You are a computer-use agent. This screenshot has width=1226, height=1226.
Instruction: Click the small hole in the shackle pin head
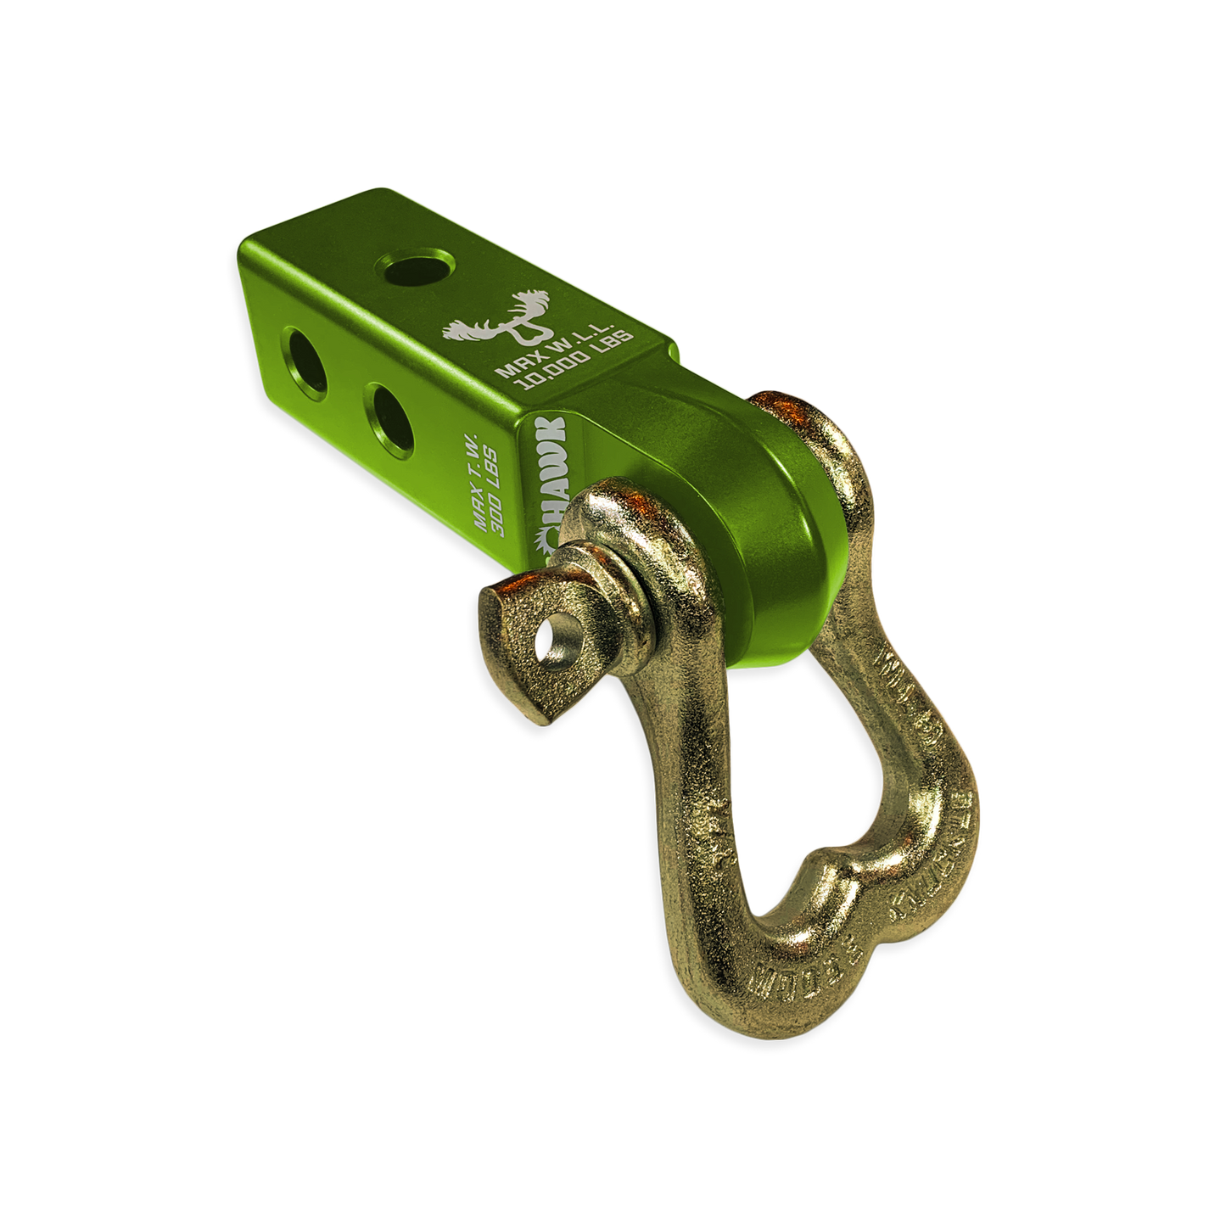pos(552,635)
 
